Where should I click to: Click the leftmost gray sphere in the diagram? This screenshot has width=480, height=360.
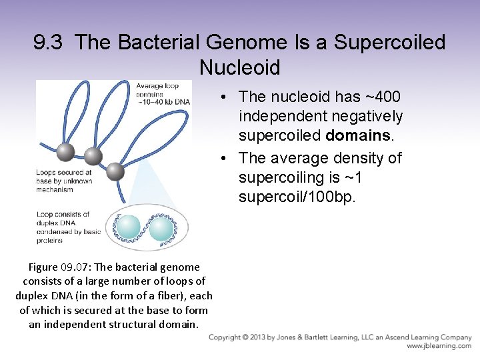[x=65, y=152]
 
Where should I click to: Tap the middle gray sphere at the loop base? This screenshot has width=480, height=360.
[x=93, y=157]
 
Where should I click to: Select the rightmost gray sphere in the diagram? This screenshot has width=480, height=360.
[x=115, y=171]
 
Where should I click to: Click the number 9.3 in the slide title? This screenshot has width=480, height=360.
[x=50, y=43]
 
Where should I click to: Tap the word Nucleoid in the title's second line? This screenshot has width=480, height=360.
[x=239, y=67]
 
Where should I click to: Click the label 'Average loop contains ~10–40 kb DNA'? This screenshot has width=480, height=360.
[x=163, y=93]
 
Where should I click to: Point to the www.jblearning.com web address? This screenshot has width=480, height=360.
[x=439, y=346]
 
